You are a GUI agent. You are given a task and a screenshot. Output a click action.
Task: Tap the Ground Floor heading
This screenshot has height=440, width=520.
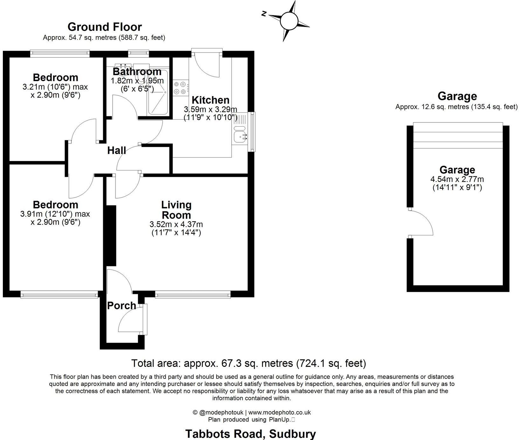click(105, 27)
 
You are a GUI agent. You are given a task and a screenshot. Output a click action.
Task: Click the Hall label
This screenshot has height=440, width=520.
click(117, 150)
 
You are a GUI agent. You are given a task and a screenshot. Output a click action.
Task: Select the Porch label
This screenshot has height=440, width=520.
click(121, 306)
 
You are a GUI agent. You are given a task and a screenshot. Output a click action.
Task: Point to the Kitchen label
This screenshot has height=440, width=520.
click(210, 100)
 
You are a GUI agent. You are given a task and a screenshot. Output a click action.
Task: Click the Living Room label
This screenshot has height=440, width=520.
click(176, 210)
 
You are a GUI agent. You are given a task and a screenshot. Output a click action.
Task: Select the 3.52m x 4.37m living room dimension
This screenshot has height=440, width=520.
click(176, 225)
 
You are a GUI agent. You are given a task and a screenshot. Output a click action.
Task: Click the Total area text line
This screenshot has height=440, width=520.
click(249, 363)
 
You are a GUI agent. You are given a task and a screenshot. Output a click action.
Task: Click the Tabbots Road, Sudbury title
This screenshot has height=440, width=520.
click(251, 434)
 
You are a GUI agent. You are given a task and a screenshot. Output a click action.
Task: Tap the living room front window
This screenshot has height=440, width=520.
click(193, 295)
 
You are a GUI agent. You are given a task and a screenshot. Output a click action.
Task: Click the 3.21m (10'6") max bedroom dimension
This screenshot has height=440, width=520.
click(55, 87)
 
